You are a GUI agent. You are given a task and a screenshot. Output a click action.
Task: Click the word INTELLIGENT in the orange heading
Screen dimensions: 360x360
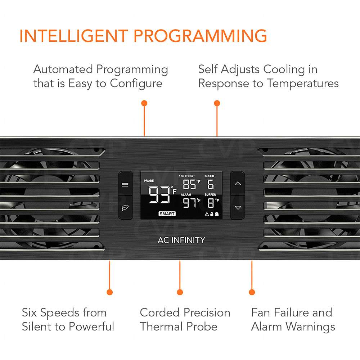(x=74, y=36)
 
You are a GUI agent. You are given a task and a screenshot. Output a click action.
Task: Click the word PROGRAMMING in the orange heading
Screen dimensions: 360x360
(x=200, y=36)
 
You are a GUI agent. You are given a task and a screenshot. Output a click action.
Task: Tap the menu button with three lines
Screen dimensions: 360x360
(x=125, y=184)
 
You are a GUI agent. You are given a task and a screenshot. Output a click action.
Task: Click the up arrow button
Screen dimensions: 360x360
(x=238, y=184)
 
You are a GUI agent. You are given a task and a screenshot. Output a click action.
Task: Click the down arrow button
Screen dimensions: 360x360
(x=238, y=208)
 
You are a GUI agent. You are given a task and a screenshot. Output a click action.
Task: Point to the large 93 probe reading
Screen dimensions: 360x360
(x=159, y=195)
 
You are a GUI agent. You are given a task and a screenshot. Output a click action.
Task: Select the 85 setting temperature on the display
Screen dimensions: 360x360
(x=189, y=184)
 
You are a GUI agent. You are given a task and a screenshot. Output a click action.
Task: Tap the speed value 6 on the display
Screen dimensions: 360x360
(x=211, y=184)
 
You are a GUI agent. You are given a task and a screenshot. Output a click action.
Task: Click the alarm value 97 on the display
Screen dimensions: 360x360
(x=189, y=203)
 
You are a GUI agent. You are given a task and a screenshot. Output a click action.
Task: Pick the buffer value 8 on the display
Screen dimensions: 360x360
(x=211, y=203)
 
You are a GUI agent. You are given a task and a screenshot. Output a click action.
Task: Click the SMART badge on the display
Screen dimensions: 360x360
(x=167, y=214)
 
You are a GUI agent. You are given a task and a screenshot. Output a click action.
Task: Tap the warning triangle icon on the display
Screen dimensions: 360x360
(x=207, y=214)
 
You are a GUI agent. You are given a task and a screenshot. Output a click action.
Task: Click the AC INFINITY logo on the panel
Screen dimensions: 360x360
(x=181, y=240)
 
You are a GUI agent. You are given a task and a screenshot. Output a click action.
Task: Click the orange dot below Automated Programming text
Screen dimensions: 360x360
(x=144, y=103)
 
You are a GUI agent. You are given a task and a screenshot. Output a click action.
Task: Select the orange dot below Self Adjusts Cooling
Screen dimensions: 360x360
(x=217, y=103)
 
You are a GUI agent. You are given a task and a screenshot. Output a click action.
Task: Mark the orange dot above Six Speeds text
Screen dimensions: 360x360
(x=110, y=292)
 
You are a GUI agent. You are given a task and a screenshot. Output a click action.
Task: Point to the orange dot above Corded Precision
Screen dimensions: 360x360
(x=180, y=292)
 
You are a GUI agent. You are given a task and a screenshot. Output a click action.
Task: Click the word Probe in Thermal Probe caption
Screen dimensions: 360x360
(x=202, y=327)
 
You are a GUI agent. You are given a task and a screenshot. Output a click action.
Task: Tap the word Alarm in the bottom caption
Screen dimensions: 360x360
(x=266, y=327)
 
